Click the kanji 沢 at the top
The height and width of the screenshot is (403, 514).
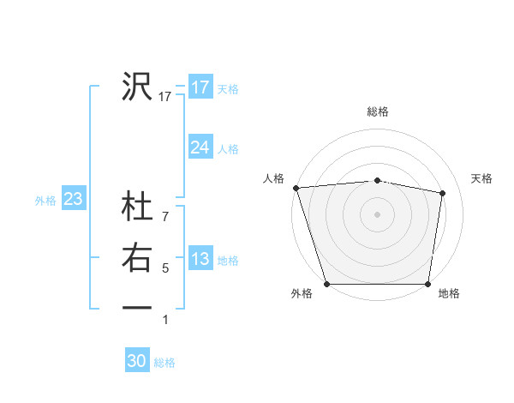(x=137, y=86)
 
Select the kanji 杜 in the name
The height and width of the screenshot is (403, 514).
(x=137, y=208)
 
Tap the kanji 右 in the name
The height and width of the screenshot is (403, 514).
(x=137, y=258)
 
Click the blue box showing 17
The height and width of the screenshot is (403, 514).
(x=200, y=87)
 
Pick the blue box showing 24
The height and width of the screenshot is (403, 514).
(x=200, y=147)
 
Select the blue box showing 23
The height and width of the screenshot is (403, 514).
(x=74, y=200)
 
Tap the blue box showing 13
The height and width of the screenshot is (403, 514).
(x=200, y=260)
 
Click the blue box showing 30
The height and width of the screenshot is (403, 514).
(x=137, y=361)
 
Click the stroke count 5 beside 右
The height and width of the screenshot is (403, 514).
(x=165, y=268)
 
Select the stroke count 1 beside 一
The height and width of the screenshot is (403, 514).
(x=165, y=320)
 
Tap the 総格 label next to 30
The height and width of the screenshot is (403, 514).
(x=165, y=363)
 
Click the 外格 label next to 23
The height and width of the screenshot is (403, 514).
(x=45, y=201)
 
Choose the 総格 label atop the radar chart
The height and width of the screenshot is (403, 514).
(x=378, y=111)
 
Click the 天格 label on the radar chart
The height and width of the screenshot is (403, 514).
(x=482, y=178)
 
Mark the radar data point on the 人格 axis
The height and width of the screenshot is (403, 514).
(x=296, y=188)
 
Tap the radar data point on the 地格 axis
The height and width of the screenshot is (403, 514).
(x=427, y=284)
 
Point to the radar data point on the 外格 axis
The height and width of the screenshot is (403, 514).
(x=326, y=284)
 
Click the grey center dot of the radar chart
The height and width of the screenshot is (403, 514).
(x=377, y=214)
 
